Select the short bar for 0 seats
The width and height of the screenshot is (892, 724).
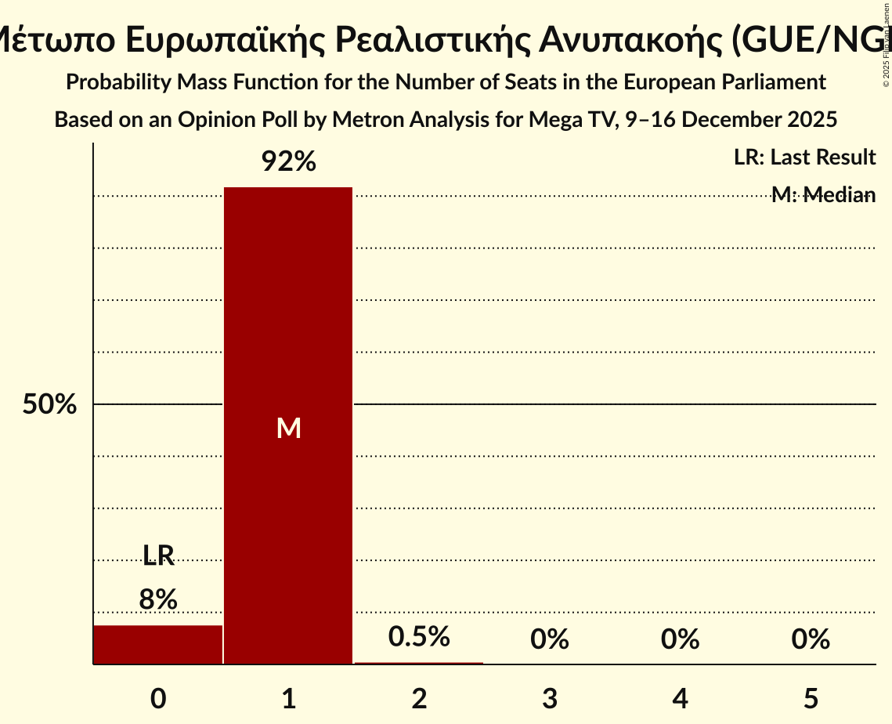158,644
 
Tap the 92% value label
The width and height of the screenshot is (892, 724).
288,162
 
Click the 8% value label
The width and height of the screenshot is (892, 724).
158,599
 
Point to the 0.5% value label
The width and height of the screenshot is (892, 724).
419,636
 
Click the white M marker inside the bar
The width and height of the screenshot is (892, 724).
289,428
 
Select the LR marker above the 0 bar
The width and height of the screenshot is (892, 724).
158,556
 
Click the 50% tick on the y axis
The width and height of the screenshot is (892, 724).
49,404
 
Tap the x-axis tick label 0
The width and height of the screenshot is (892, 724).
158,698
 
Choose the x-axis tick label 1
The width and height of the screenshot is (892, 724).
289,698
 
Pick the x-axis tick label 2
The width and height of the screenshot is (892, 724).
419,698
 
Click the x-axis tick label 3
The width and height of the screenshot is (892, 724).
550,698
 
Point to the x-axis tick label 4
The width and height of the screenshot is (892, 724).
680,698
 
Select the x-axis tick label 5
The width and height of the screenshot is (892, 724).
811,698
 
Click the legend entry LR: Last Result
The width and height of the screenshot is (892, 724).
804,157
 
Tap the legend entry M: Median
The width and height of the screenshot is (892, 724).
823,195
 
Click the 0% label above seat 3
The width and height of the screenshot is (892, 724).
550,639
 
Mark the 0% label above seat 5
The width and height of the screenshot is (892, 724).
811,639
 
